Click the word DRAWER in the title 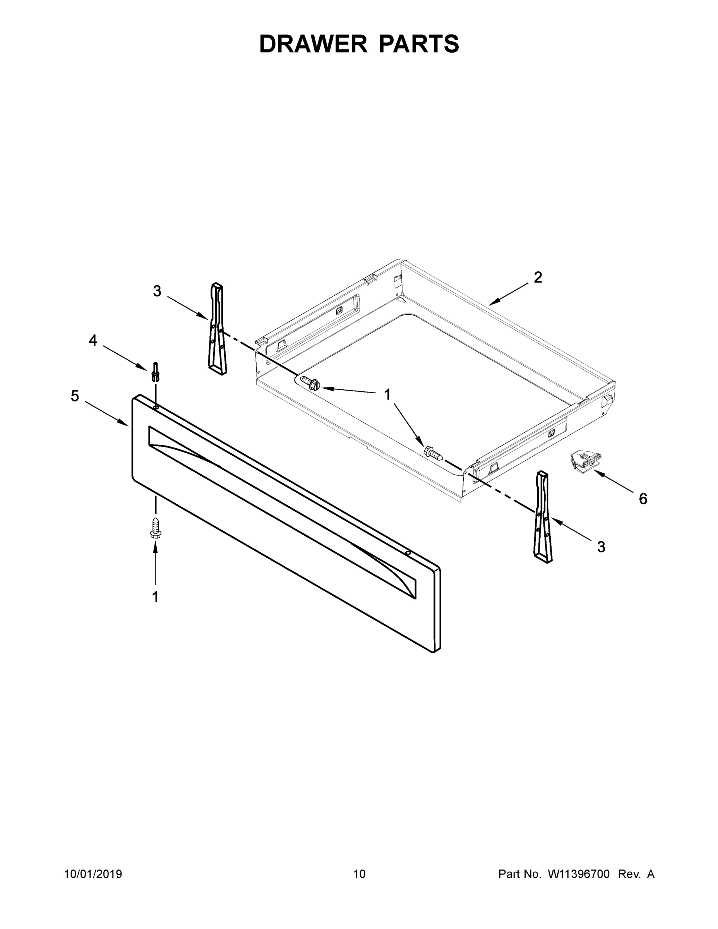pyautogui.click(x=313, y=44)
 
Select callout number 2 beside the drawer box pyautogui.click(x=538, y=277)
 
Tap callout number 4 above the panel pyautogui.click(x=93, y=340)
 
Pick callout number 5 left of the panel pyautogui.click(x=75, y=396)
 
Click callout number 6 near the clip pyautogui.click(x=643, y=499)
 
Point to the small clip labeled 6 pyautogui.click(x=585, y=461)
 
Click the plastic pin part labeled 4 pyautogui.click(x=156, y=372)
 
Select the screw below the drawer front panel pyautogui.click(x=156, y=528)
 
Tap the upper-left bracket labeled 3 pyautogui.click(x=217, y=328)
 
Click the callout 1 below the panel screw pyautogui.click(x=155, y=597)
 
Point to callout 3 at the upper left pyautogui.click(x=157, y=291)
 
